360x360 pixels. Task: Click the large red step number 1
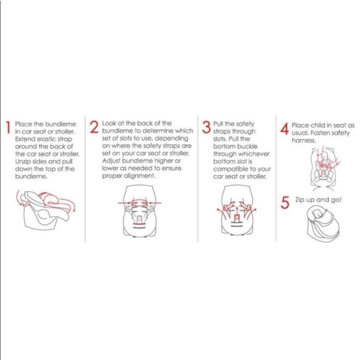click(9, 127)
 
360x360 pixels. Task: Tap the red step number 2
click(94, 127)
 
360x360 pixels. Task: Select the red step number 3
click(206, 127)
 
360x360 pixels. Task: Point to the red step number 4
click(284, 129)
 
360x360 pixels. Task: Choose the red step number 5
click(285, 203)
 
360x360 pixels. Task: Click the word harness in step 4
click(304, 140)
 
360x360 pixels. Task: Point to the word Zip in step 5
click(300, 200)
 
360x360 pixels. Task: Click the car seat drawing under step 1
click(46, 210)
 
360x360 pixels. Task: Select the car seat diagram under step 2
click(140, 211)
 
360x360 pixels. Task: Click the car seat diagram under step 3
click(236, 210)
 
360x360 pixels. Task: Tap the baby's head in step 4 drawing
click(324, 157)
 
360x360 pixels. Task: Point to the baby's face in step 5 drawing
click(318, 214)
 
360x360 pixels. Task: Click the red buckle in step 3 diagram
click(236, 218)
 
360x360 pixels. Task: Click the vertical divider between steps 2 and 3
click(197, 179)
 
